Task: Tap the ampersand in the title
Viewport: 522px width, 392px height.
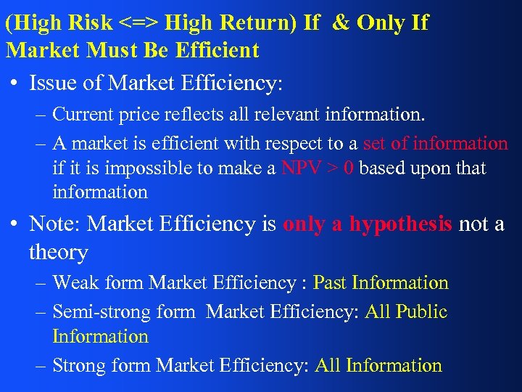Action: pyautogui.click(x=339, y=23)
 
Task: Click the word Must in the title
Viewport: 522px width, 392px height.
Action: pyautogui.click(x=102, y=50)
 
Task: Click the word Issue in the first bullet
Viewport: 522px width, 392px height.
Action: pyautogui.click(x=54, y=83)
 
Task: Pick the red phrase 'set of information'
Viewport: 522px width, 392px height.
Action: pyautogui.click(x=435, y=143)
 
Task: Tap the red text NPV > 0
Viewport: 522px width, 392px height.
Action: pyautogui.click(x=318, y=168)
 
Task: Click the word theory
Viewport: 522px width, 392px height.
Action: pyautogui.click(x=59, y=252)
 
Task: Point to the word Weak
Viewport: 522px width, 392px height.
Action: pyautogui.click(x=75, y=282)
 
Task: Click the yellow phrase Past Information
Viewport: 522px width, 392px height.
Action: pyautogui.click(x=381, y=282)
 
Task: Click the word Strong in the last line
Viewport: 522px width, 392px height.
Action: pyautogui.click(x=80, y=365)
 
